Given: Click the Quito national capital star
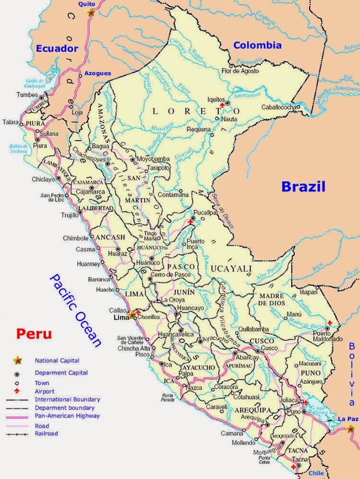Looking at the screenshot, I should (x=91, y=13).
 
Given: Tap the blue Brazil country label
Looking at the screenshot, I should (x=303, y=186).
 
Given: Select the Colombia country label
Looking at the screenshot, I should (x=257, y=46).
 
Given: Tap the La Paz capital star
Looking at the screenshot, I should (x=351, y=429).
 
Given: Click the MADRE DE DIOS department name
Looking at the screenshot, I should (x=272, y=300).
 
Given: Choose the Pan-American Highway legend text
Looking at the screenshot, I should (x=67, y=416).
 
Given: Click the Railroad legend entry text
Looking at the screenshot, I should (x=46, y=433).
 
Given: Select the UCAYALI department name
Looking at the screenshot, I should (x=229, y=268).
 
